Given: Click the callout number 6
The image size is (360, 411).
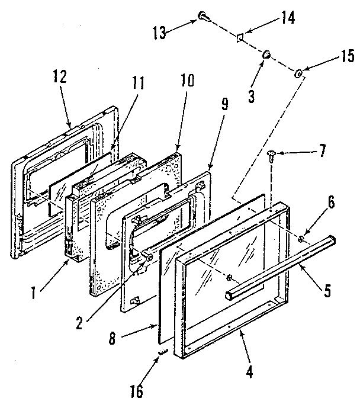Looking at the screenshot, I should coord(331,202).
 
